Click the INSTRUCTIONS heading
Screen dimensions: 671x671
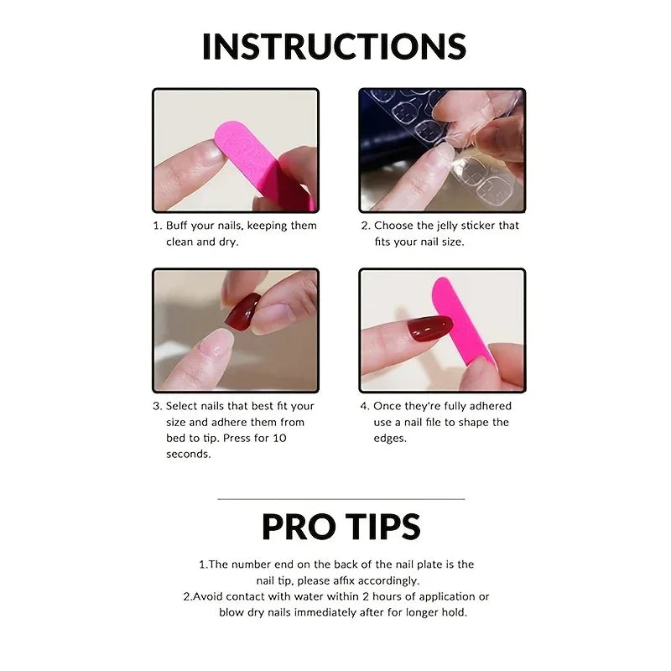(x=334, y=46)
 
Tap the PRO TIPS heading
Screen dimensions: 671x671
(x=341, y=526)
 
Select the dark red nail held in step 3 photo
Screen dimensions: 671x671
(x=242, y=311)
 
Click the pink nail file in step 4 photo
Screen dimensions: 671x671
(x=462, y=321)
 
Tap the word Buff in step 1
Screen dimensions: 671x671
(x=176, y=226)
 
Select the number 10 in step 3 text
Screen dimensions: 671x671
(x=279, y=438)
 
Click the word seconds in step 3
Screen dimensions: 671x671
(x=188, y=454)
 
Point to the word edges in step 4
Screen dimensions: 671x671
(x=390, y=439)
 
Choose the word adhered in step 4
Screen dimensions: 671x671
(x=491, y=406)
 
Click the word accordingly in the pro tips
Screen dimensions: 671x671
(x=389, y=581)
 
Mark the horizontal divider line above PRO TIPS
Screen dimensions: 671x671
(x=341, y=499)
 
